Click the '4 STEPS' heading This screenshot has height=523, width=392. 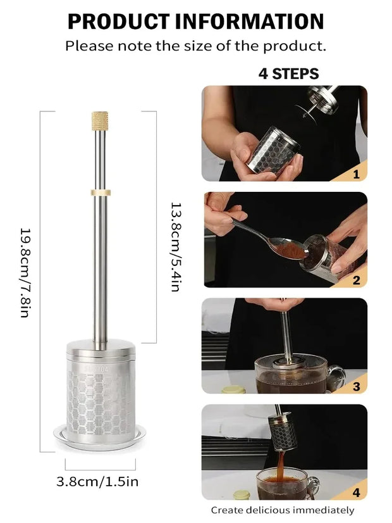[x=288, y=73]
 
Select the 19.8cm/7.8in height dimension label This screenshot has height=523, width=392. [x=25, y=272]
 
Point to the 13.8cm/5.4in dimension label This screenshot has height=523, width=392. [x=176, y=247]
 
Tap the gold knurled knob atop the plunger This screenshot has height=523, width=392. [x=100, y=120]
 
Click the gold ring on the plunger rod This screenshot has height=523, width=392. [x=100, y=191]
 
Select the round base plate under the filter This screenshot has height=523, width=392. [x=100, y=435]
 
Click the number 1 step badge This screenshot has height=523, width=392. [x=356, y=173]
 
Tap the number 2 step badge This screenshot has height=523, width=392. [x=356, y=280]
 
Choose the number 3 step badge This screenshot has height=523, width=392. [x=356, y=386]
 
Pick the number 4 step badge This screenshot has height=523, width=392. [x=356, y=492]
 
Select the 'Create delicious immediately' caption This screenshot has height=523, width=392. [x=283, y=510]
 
